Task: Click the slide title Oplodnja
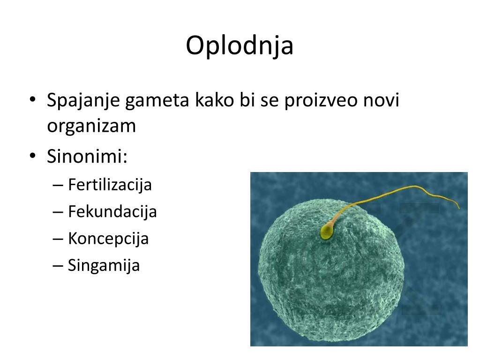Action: pos(240,46)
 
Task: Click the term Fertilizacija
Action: pos(110,184)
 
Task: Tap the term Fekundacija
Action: pos(112,211)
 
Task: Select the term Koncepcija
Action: pos(108,239)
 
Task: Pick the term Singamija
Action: pos(104,265)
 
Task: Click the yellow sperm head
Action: pos(326,231)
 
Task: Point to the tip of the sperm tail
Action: pos(458,208)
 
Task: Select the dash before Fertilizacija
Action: pos(59,185)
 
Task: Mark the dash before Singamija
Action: pos(59,266)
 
